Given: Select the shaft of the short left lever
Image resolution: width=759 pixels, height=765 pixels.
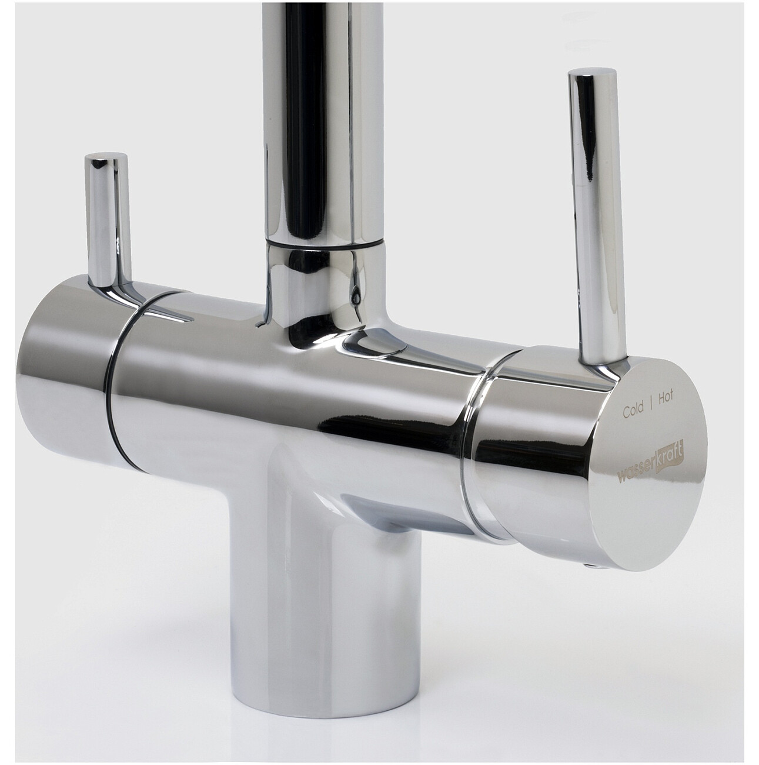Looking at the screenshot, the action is pyautogui.click(x=107, y=222).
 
